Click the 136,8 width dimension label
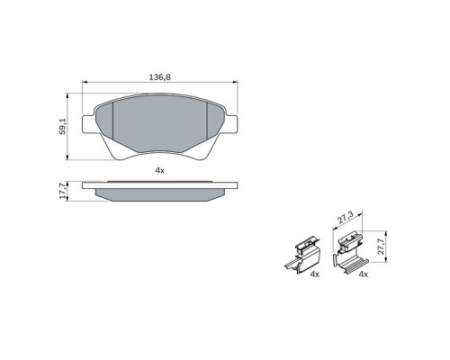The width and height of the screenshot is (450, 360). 160,77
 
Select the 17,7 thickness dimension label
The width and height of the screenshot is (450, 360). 62,191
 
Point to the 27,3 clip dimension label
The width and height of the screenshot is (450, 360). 346,218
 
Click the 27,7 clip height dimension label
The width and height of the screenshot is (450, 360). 381,247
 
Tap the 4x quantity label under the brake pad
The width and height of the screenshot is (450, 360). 160,171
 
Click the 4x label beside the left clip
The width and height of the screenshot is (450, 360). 315,274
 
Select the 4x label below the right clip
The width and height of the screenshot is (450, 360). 364,274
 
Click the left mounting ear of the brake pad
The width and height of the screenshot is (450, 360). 88,124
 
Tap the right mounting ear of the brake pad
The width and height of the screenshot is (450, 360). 232,124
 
